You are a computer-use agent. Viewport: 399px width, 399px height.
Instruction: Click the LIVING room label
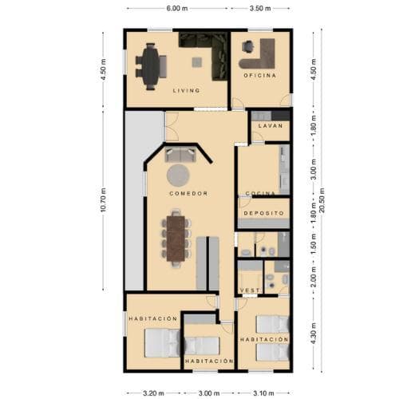click(x=187, y=91)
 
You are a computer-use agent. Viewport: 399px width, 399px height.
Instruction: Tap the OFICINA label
click(x=260, y=75)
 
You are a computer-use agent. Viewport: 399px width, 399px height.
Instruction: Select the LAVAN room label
click(x=271, y=125)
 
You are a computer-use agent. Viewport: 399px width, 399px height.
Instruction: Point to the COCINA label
click(x=261, y=194)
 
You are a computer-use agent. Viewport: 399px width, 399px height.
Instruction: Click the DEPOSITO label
click(x=264, y=214)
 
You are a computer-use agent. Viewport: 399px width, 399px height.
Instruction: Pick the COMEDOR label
click(x=188, y=194)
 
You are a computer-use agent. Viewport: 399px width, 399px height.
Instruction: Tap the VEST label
click(x=250, y=289)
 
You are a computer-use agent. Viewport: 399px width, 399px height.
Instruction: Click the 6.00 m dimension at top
click(x=177, y=7)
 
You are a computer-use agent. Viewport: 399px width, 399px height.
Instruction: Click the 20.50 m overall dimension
click(x=322, y=200)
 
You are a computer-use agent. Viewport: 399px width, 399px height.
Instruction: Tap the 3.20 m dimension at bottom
click(x=153, y=393)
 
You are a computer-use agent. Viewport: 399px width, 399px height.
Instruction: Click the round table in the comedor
click(x=178, y=174)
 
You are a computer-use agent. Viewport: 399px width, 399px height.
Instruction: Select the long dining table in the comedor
click(x=175, y=236)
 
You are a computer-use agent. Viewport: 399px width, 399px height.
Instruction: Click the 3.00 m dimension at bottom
click(x=209, y=393)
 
